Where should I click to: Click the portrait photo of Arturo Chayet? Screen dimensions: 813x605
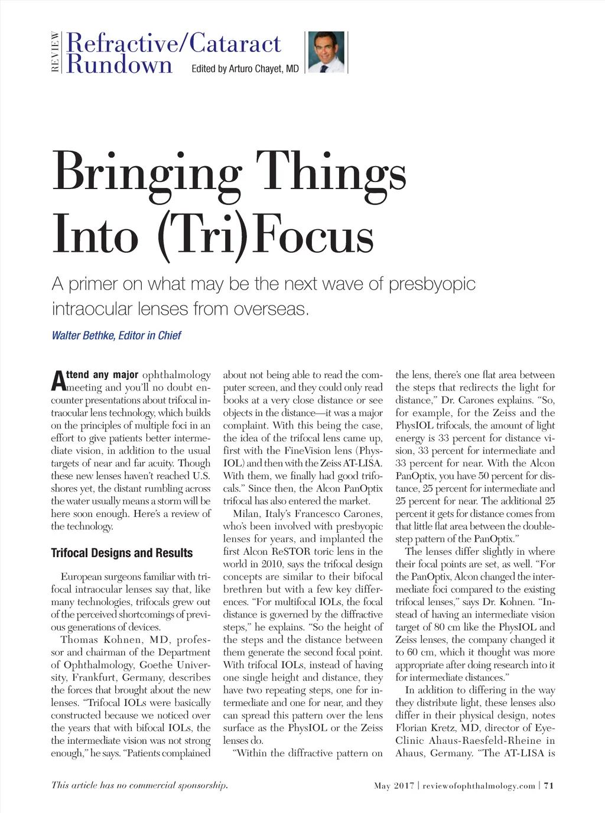pos(326,52)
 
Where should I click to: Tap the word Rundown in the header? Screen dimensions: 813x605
pos(119,64)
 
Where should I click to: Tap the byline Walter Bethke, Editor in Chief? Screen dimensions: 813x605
pos(116,336)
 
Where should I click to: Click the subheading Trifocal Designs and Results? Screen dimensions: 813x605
pos(122,553)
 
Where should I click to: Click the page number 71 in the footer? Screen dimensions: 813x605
pos(549,786)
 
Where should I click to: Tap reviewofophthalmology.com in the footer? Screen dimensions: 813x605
pos(479,786)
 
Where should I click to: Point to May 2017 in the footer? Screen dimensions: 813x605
pos(393,786)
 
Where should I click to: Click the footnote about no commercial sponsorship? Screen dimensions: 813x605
pos(139,785)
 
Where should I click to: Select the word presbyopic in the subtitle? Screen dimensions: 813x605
pos(432,284)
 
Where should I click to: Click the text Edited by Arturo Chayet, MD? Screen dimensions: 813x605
pos(245,69)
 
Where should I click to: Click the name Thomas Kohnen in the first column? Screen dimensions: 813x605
pos(101,640)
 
